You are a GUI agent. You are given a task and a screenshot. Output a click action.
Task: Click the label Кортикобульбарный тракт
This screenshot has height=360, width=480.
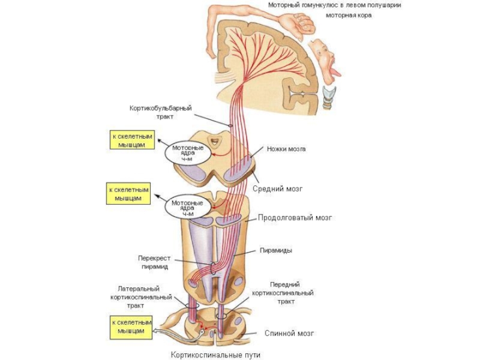coord(161,112)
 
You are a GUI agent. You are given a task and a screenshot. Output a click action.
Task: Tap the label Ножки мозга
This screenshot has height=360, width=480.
coord(286,149)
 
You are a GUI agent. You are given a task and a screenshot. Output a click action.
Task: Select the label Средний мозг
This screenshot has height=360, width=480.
coord(278,188)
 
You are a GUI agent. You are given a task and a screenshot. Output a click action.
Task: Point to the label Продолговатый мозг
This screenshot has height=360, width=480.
coord(295,218)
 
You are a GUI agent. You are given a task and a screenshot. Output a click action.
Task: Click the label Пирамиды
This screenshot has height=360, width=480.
coord(276,250)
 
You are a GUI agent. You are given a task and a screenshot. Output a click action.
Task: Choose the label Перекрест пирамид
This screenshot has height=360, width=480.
coord(154,262)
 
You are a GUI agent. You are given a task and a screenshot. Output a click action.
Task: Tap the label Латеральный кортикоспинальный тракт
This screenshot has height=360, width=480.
coord(141,297)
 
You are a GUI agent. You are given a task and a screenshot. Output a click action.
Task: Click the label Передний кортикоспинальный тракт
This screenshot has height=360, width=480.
coord(283,293)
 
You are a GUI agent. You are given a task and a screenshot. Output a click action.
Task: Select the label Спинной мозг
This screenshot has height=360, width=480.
coord(289,333)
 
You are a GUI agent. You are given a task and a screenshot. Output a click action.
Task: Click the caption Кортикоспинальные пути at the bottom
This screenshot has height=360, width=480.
coord(215,355)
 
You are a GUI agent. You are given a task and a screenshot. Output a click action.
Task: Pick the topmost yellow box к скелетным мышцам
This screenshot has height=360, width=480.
coord(132,140)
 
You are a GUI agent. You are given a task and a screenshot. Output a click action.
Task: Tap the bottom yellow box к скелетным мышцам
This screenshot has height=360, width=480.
coord(131,328)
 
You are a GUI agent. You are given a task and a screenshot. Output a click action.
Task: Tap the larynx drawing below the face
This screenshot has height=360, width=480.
coord(330,98)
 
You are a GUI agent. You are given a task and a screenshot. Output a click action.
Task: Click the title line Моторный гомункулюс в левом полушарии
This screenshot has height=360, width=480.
coord(335,5)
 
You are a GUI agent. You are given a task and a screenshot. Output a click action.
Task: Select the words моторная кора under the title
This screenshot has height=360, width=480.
coord(349,16)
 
